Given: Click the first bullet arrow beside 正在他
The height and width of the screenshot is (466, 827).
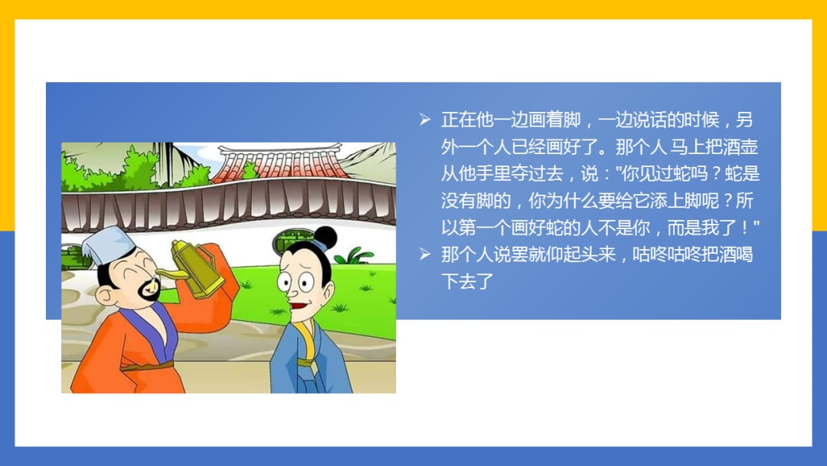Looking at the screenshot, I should [x=425, y=120].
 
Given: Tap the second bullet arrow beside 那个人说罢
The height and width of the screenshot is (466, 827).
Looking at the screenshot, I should [x=425, y=254].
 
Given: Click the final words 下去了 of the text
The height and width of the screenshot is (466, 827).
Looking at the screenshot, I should [x=466, y=281].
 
